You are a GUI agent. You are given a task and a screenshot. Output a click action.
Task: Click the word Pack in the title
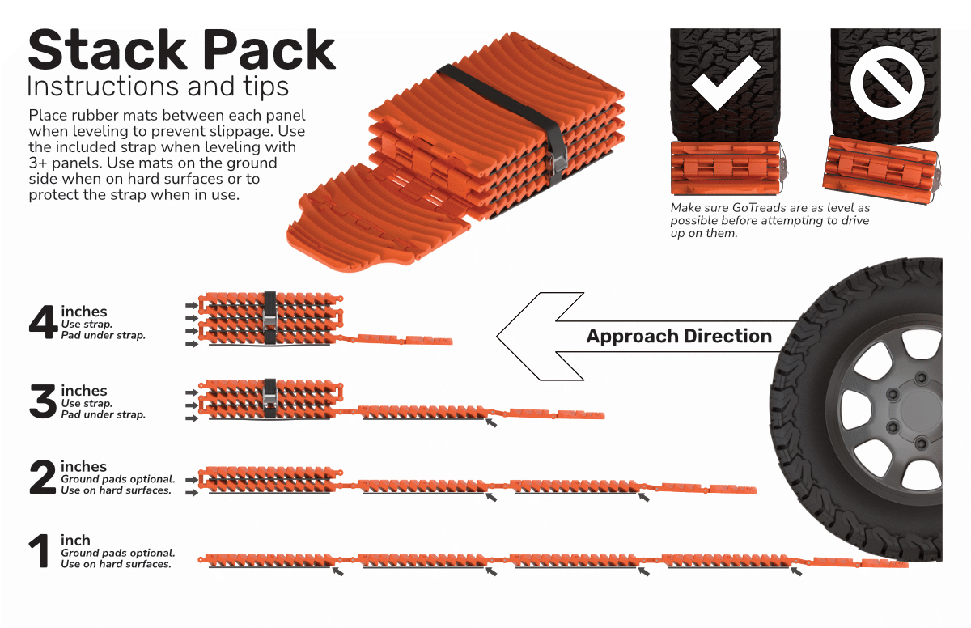coord(270,50)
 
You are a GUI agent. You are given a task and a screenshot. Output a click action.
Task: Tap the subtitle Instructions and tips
coord(158,85)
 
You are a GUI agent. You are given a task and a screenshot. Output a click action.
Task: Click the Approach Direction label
coord(679,336)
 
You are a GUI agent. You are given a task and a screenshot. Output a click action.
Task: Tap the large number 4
coord(43,323)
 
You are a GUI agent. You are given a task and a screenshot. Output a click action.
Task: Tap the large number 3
coord(43,402)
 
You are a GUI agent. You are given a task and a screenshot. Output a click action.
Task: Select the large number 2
coord(43,478)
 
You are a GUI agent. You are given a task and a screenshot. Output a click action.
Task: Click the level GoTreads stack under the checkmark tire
coord(725,168)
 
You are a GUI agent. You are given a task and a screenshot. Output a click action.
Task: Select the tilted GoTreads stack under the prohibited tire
coord(884,168)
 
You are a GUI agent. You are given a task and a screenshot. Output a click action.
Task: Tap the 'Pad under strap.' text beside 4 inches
coord(103,335)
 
